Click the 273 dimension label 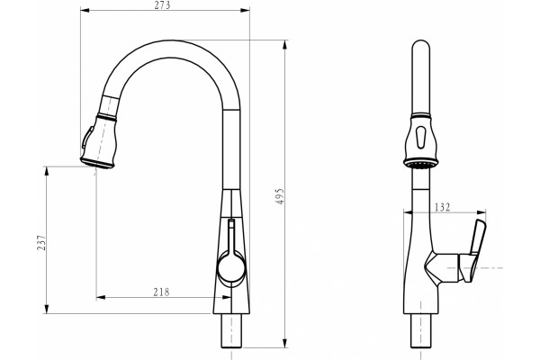163,5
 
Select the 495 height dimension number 280,196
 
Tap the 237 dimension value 41,242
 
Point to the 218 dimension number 161,292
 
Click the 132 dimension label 442,207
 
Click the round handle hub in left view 231,266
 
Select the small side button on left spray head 86,137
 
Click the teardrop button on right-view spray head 420,137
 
